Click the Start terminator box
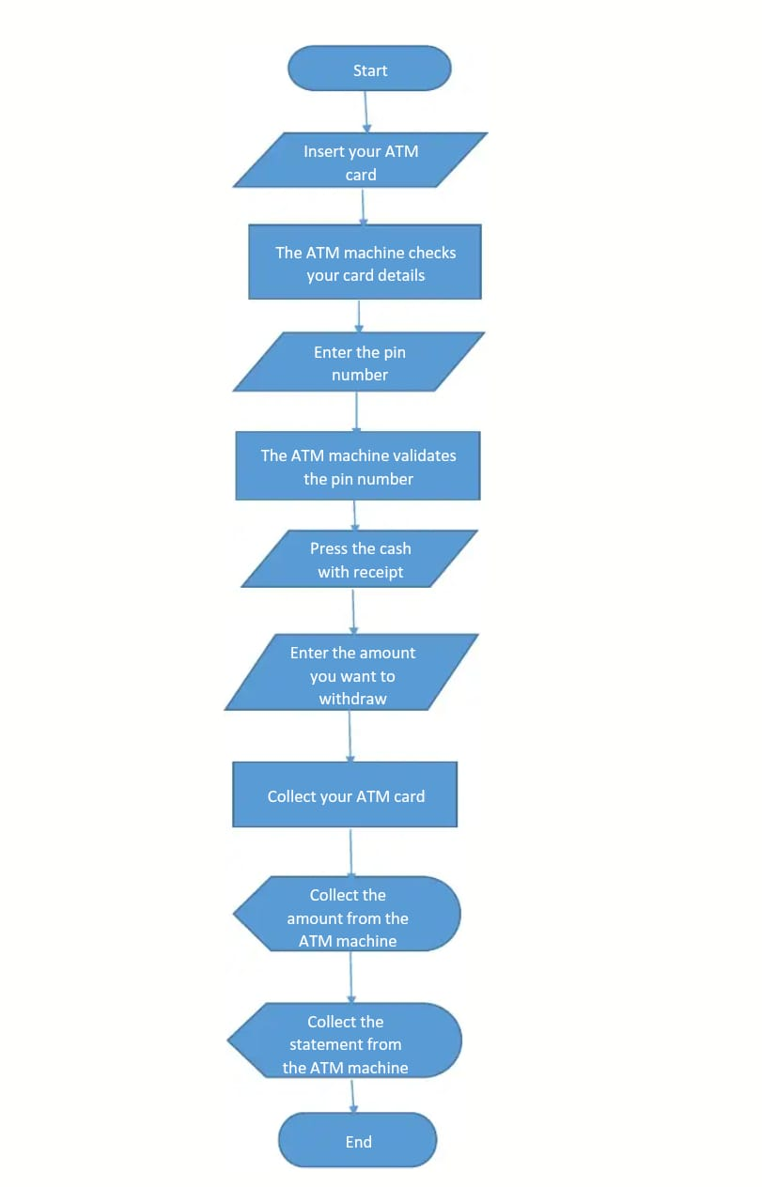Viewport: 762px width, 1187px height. (x=369, y=69)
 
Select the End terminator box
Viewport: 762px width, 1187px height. (x=358, y=1141)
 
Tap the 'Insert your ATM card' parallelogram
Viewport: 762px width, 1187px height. (x=360, y=161)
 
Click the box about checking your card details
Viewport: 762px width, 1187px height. (x=365, y=263)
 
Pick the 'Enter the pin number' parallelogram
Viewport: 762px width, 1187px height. (x=359, y=362)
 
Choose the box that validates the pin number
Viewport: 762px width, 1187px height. (x=358, y=466)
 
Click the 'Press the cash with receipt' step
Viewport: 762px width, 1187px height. (x=360, y=560)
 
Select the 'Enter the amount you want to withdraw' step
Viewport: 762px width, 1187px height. (x=352, y=674)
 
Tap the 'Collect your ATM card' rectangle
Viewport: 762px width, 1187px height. (x=345, y=795)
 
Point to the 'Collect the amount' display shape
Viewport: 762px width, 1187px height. (x=347, y=917)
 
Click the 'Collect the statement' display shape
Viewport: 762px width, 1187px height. (x=345, y=1043)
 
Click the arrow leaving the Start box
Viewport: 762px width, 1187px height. (x=365, y=111)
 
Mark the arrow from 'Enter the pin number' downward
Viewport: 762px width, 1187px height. (x=357, y=410)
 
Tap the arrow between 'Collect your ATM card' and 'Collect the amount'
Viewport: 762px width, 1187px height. (x=350, y=852)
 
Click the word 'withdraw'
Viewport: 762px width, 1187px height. (x=352, y=699)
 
